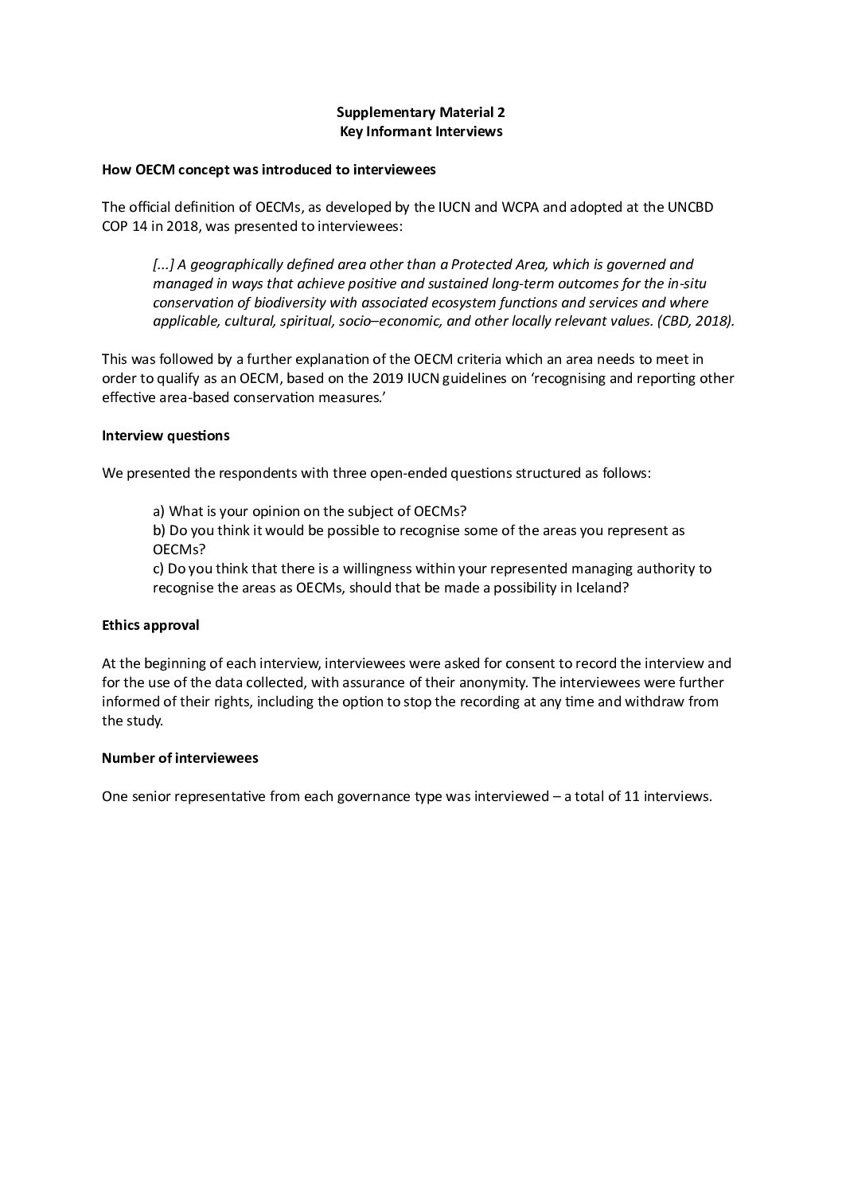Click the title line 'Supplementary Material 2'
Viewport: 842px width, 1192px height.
(420, 112)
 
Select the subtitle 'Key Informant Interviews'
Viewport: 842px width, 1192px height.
(420, 131)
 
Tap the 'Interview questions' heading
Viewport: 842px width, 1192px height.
(166, 436)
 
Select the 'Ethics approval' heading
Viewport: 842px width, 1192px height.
(150, 625)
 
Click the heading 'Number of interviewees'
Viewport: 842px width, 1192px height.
(180, 758)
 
